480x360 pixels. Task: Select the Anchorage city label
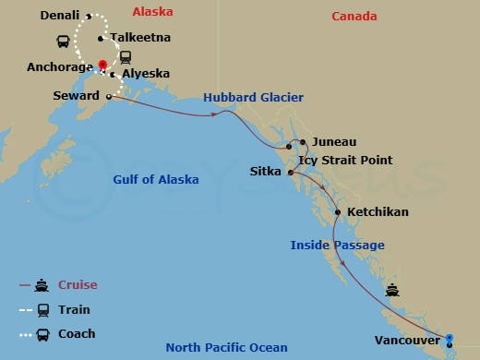59,66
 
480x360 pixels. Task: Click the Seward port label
77,96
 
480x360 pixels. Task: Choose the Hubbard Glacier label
255,98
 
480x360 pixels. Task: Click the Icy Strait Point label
348,158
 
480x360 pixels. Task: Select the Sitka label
267,172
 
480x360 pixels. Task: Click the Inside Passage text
337,245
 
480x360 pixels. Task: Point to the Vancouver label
408,340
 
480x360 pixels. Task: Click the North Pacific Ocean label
226,347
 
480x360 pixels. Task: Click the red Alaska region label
152,12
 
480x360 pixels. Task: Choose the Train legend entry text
74,309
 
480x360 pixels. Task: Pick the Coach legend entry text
77,333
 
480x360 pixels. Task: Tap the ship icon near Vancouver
392,289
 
